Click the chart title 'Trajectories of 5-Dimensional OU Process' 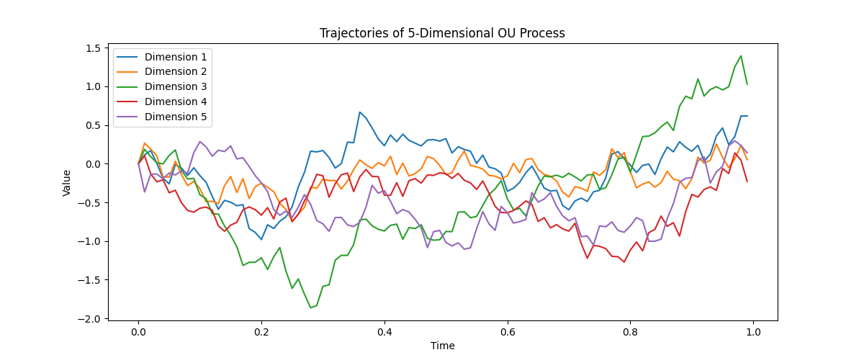[442, 33]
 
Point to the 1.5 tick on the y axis [93, 48]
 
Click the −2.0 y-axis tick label [89, 319]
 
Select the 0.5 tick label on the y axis [93, 126]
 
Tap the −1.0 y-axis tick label [89, 241]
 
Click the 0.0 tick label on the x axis [138, 332]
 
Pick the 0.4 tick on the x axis [384, 332]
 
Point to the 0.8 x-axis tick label [630, 332]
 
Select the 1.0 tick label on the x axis [753, 332]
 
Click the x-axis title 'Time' [442, 346]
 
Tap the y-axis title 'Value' [67, 183]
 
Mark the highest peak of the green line [741, 56]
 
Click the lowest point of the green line [310, 307]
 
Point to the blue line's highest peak [359, 112]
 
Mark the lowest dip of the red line [624, 262]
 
